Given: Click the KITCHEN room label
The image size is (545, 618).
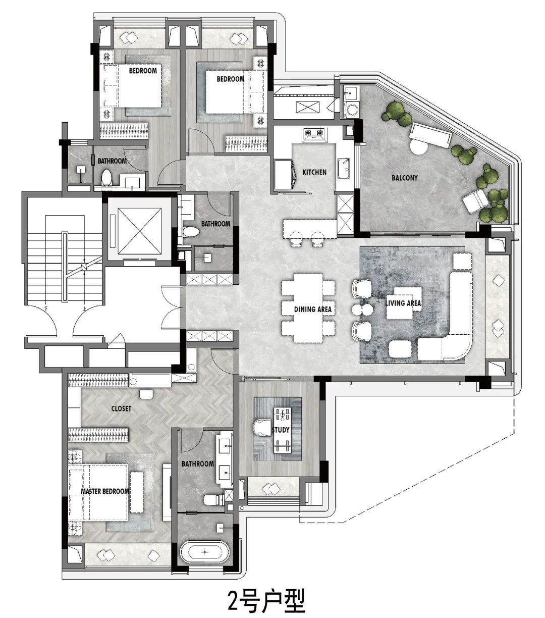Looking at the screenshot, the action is pos(314,172).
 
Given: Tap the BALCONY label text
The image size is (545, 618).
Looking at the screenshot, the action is pos(404,178).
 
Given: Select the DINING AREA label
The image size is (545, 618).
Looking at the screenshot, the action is pos(312,310).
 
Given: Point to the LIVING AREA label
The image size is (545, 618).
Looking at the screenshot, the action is pos(403,303).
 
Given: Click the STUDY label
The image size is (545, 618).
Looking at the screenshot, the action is pos(280,430).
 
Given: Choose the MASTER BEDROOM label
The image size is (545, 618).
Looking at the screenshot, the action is pos(105,491).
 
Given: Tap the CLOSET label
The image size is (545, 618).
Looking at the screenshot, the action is pos(121,408).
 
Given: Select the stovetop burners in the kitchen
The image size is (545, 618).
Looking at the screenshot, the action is pos(313,133).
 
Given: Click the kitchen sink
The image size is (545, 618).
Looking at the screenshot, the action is pos(344,168).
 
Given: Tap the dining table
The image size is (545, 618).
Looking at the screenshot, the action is pos(308,308).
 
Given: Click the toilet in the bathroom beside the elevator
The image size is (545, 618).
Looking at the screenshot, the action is pos(191,232).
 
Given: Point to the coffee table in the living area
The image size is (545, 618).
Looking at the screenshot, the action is pos(404,303).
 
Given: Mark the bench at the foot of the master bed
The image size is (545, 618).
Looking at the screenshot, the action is pos(137,492).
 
